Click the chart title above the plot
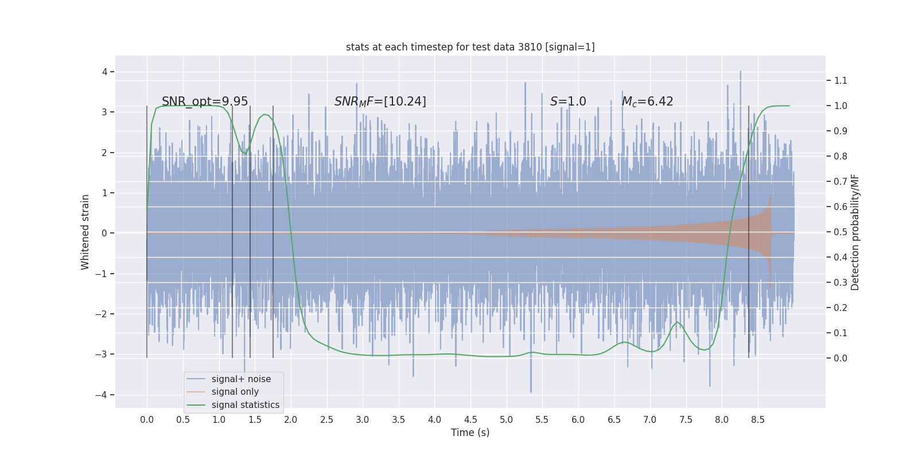(470, 47)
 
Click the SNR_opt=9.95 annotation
(205, 102)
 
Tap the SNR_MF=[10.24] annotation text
(380, 102)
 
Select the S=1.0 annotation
(568, 102)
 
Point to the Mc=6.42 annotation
(647, 102)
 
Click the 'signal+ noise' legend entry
(241, 379)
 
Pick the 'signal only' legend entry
(235, 392)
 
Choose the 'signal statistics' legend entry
(245, 405)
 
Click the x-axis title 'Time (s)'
(470, 433)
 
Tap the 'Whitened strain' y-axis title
(85, 232)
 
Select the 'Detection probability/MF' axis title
(855, 232)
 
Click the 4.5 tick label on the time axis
(470, 419)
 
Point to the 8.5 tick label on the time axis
(757, 419)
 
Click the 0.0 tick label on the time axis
(147, 419)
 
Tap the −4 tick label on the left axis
(101, 395)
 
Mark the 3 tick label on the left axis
(104, 112)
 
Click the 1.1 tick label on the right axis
(841, 80)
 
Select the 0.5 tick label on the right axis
(841, 232)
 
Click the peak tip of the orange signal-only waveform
(770, 195)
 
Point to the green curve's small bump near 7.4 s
(677, 322)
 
